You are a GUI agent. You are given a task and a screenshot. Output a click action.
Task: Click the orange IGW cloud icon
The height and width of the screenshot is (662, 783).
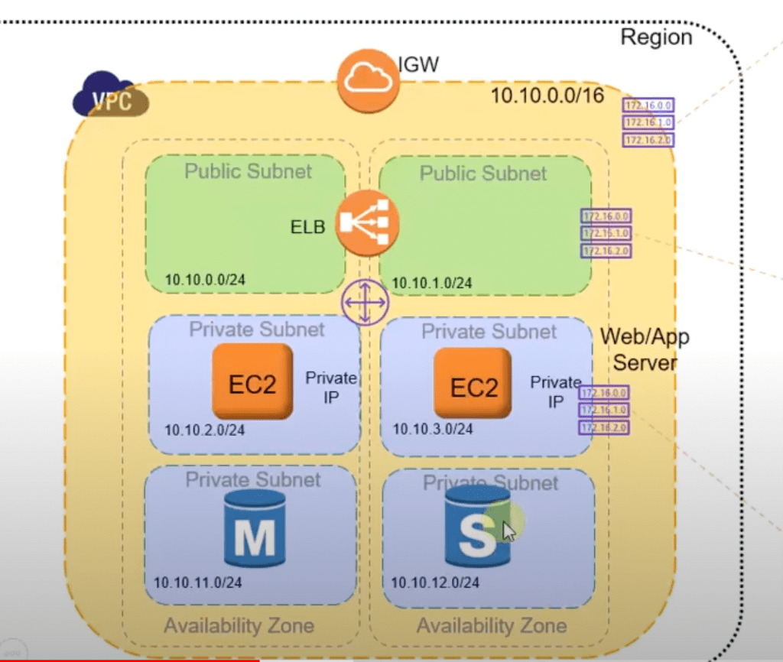tap(369, 80)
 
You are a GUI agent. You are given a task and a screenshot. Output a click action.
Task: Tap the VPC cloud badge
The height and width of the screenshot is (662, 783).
tap(112, 95)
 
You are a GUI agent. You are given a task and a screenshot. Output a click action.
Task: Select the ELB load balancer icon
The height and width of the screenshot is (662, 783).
tap(368, 222)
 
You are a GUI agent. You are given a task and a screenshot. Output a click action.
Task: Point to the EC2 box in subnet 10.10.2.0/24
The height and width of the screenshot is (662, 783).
tap(252, 381)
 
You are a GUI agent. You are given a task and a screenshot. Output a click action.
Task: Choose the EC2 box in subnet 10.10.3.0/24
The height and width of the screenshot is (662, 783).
tap(473, 385)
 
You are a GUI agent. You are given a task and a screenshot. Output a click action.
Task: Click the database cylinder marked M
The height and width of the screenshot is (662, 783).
tap(255, 528)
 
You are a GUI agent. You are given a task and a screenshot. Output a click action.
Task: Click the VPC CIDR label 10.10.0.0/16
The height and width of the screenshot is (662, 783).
tap(547, 96)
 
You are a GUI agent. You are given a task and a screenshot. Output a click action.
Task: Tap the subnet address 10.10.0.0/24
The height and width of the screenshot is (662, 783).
tap(205, 280)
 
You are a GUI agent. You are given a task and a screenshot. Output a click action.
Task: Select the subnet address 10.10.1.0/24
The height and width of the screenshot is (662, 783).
tap(432, 284)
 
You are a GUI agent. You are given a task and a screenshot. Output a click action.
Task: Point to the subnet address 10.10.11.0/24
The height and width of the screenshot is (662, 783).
tap(198, 582)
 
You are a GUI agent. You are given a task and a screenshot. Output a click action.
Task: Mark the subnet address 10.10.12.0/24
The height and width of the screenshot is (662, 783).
tap(435, 582)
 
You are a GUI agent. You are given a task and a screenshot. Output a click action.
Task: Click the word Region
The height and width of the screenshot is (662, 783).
tap(656, 37)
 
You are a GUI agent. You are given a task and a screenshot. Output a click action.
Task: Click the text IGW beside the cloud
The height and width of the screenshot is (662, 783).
tap(418, 64)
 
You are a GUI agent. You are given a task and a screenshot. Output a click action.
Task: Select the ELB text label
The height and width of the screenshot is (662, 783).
tap(307, 227)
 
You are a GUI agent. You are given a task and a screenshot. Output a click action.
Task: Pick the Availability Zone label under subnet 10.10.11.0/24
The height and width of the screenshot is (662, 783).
tap(239, 625)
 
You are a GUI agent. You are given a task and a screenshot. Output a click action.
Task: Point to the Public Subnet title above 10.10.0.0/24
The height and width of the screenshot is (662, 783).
tap(248, 170)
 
